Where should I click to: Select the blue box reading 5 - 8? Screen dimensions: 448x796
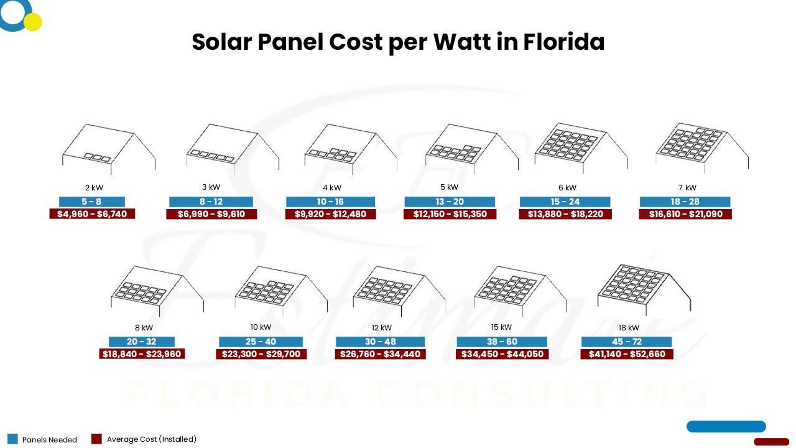(x=92, y=202)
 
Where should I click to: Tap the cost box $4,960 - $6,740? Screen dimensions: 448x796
(x=92, y=214)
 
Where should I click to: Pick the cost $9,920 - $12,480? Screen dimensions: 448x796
(x=330, y=214)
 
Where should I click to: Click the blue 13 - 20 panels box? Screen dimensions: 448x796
(x=450, y=202)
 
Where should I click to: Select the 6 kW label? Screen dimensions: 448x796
(x=567, y=187)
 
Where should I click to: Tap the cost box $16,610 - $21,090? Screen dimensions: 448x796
(x=685, y=214)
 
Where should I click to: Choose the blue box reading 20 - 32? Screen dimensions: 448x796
(x=142, y=342)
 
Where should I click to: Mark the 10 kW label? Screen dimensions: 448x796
(x=261, y=327)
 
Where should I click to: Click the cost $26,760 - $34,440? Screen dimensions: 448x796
(x=380, y=354)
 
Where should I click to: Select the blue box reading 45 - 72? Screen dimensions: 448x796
(x=627, y=342)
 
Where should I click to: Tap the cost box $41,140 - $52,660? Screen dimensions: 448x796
(x=627, y=354)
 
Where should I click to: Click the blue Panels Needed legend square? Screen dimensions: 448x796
(x=13, y=439)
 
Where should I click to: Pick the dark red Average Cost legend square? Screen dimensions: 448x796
(x=96, y=439)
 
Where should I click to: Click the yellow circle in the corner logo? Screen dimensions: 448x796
(x=32, y=22)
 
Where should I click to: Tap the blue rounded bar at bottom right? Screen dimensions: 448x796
(x=726, y=426)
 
